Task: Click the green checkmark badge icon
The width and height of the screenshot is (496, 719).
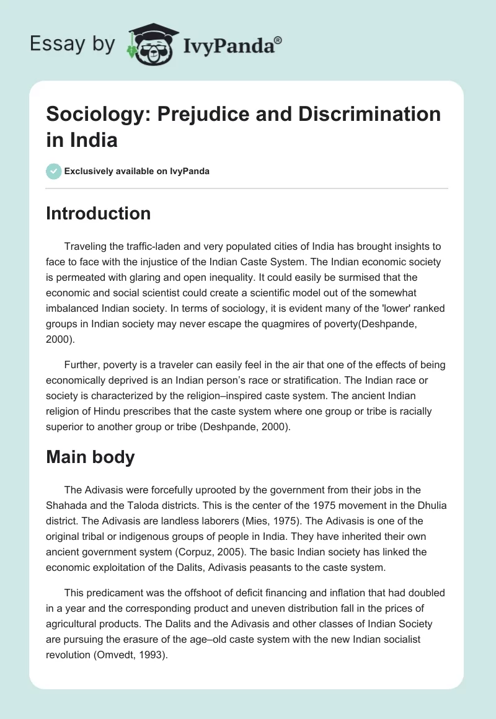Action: pos(53,171)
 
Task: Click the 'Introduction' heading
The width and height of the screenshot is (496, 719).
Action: pos(99,213)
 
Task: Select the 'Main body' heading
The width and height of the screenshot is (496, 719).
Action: pos(91,457)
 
